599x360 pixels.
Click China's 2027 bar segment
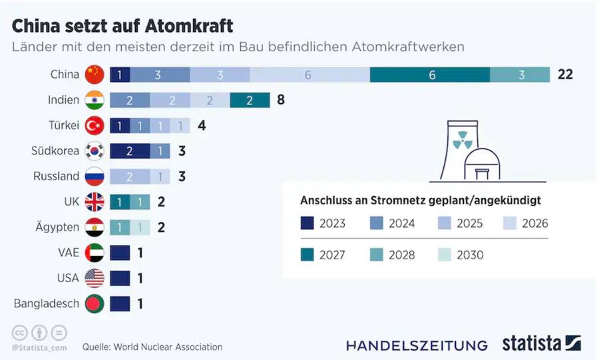[431, 75]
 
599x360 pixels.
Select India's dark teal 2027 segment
[250, 100]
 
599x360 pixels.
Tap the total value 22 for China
[565, 75]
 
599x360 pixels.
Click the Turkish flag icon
[95, 126]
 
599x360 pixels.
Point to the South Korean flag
[95, 151]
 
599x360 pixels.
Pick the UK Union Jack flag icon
[95, 202]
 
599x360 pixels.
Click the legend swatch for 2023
[307, 223]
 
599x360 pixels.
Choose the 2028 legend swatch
[376, 254]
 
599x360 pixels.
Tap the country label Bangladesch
[46, 303]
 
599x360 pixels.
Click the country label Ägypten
[56, 227]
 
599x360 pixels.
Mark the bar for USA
[120, 278]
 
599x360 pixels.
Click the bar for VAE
[120, 253]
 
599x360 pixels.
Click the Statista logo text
[530, 344]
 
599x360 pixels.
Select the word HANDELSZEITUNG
[417, 345]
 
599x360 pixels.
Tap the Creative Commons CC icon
[20, 333]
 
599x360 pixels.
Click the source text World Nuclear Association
[168, 347]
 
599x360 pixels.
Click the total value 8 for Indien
[281, 100]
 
